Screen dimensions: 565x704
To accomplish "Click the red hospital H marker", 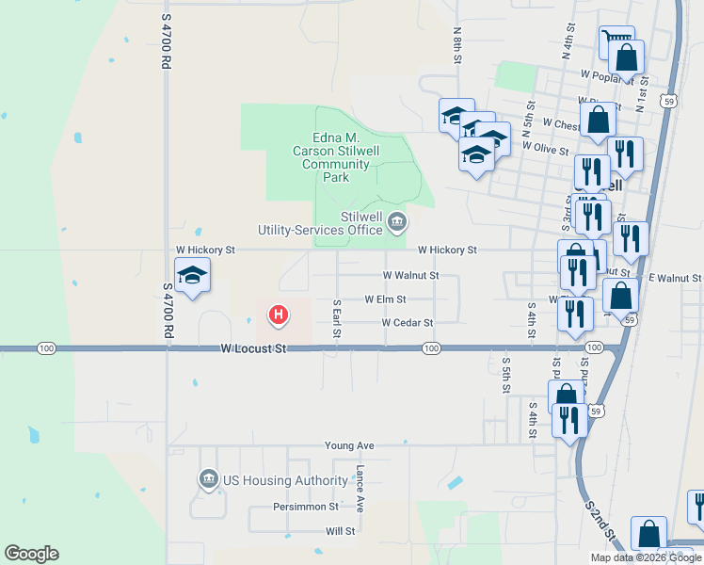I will click(279, 315).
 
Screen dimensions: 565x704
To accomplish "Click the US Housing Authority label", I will click(285, 480).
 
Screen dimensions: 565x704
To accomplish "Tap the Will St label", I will click(340, 531).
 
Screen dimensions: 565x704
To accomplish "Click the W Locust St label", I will click(252, 348).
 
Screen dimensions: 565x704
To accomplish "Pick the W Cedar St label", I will click(407, 323).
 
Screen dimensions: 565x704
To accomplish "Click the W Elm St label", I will click(385, 299).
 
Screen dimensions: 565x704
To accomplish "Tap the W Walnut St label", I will click(410, 275).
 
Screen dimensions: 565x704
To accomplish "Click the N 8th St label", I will click(457, 45).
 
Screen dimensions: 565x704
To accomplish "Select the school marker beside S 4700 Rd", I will click(192, 275).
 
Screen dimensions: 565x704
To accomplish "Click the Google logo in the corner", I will click(31, 554).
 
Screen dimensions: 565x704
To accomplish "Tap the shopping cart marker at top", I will click(616, 40).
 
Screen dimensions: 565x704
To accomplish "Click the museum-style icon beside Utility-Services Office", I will click(397, 222).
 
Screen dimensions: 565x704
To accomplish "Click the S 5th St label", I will click(505, 374).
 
